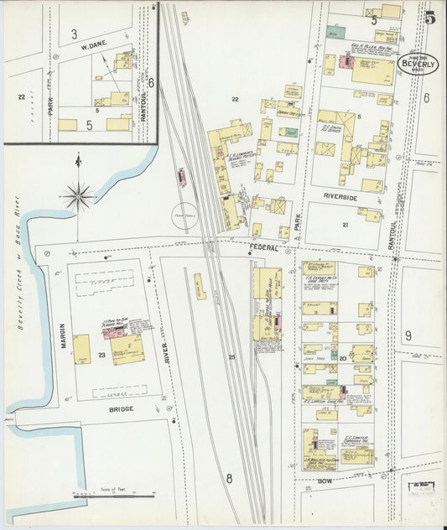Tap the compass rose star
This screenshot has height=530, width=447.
80,196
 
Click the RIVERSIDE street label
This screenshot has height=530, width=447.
340,197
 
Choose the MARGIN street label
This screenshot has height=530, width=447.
62,335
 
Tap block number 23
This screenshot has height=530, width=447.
102,356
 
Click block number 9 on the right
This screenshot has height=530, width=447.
408,335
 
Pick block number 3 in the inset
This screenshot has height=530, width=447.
74,34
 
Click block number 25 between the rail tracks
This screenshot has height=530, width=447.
232,358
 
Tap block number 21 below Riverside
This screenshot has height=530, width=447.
345,225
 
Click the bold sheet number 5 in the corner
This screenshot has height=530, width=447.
429,16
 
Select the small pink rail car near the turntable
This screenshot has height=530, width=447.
181,177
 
